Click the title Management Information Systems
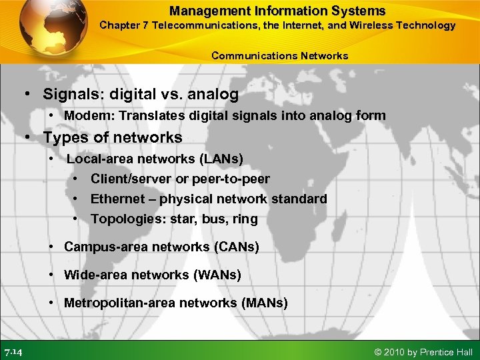tap(277, 11)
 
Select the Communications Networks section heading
tap(279, 56)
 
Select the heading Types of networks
tap(112, 137)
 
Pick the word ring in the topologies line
tap(244, 219)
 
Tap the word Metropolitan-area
tap(116, 303)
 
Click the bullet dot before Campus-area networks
tap(52, 247)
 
